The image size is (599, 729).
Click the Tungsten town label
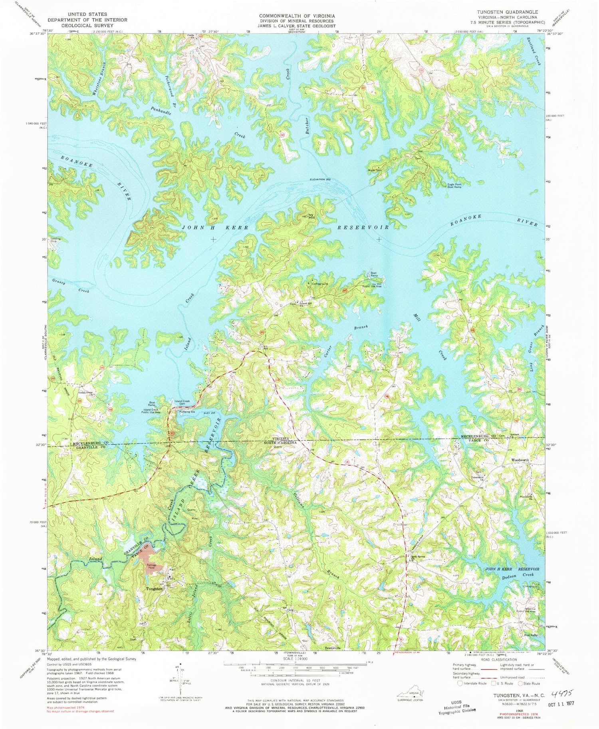154,589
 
